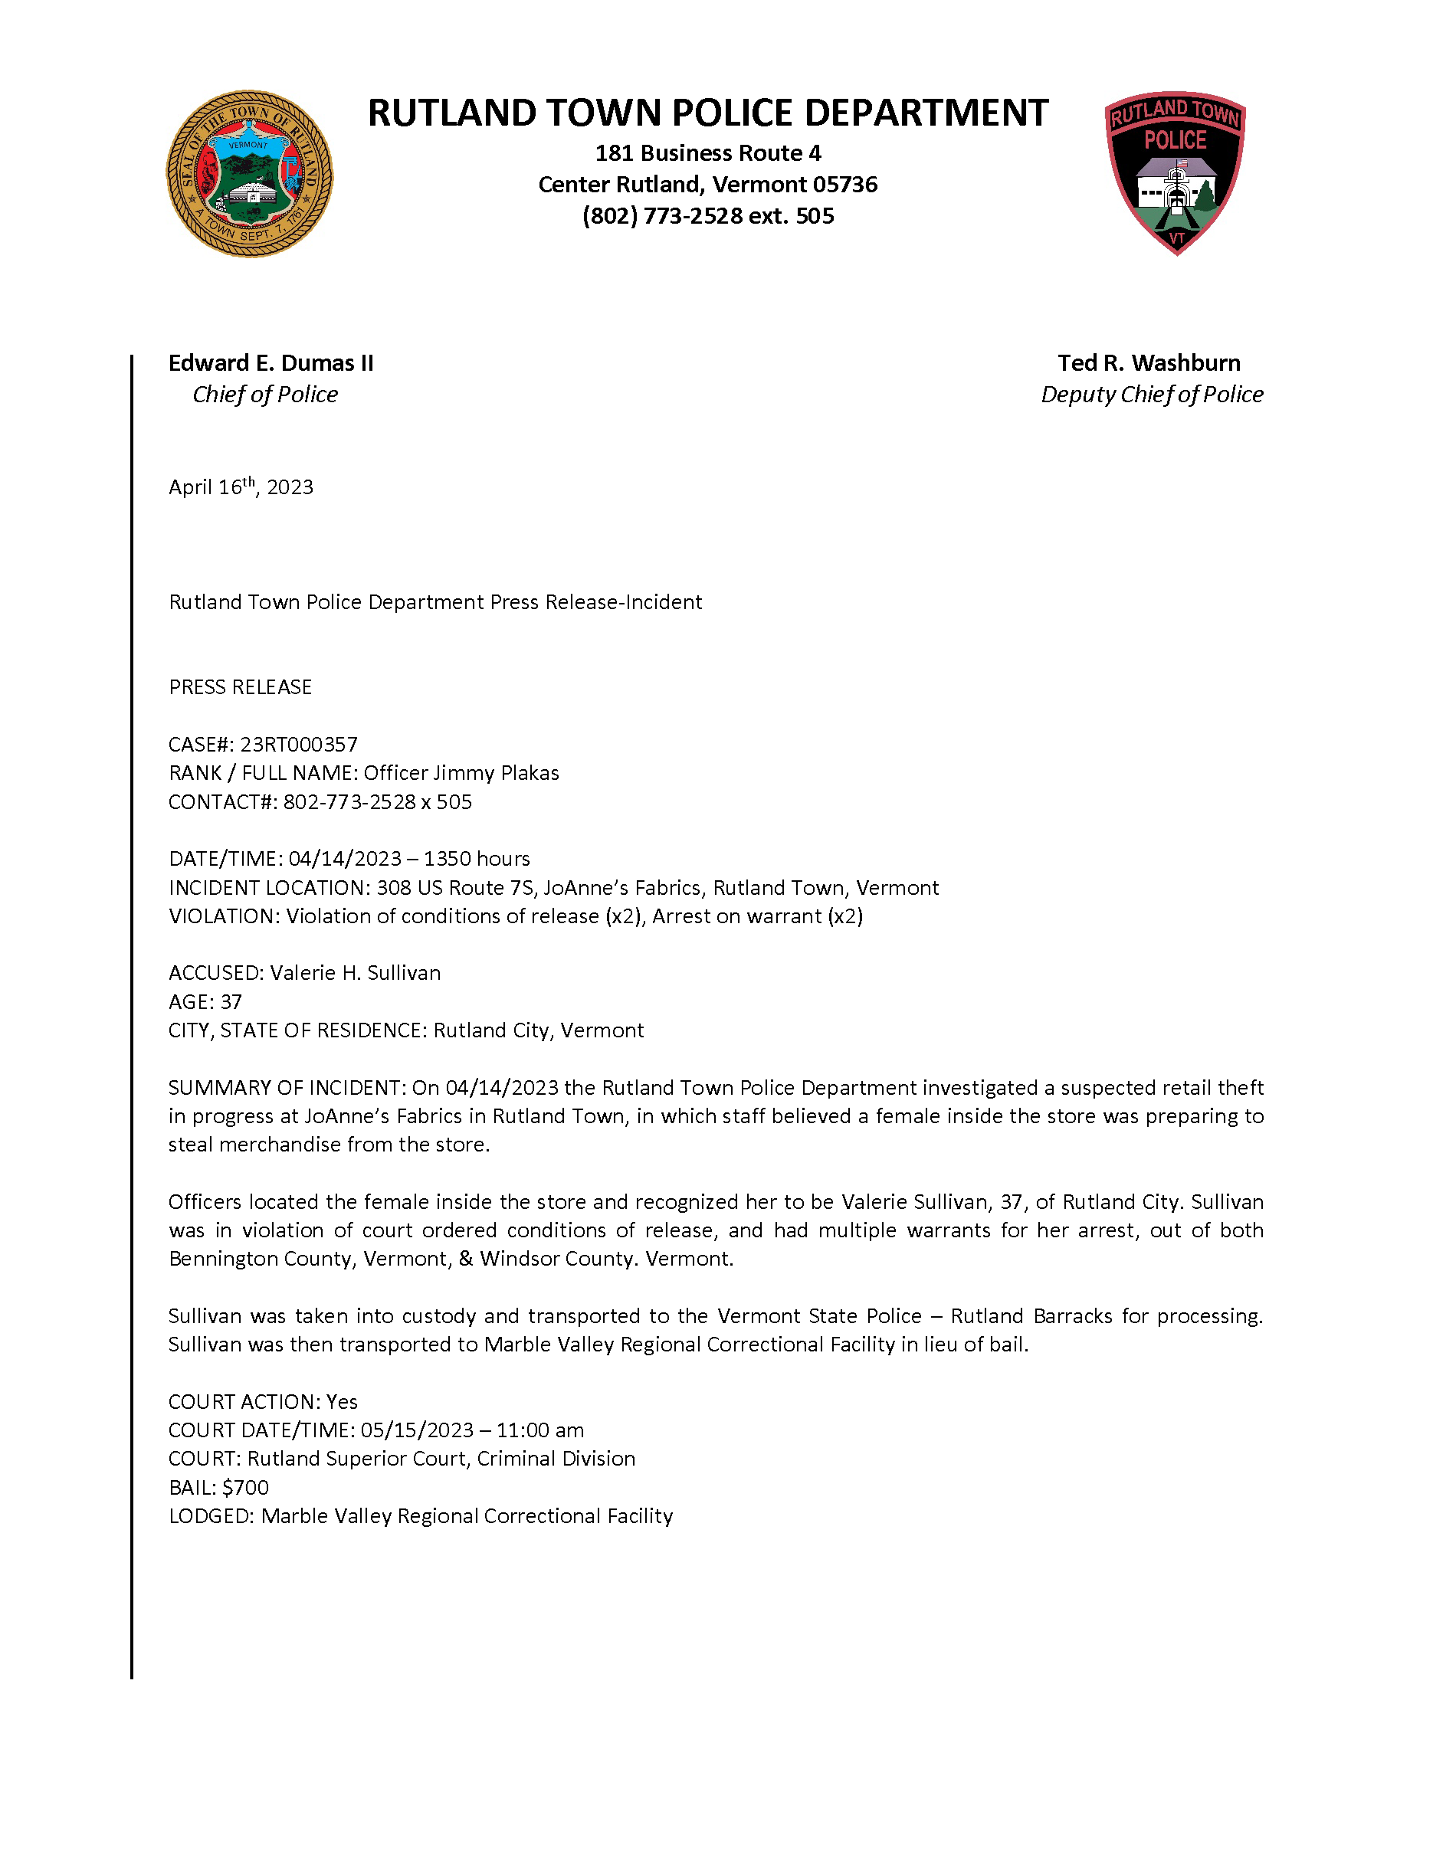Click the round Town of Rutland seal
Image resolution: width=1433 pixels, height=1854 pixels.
(x=250, y=174)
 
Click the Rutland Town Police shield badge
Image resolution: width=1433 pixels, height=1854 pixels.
(x=1176, y=172)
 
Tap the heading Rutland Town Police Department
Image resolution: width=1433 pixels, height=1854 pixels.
(x=708, y=113)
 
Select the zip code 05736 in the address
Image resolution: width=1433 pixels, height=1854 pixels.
(x=844, y=185)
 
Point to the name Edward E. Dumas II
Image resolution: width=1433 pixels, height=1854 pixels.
(x=271, y=363)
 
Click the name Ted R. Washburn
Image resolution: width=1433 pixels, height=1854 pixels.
(x=1149, y=363)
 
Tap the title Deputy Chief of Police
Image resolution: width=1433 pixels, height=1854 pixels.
(x=1152, y=395)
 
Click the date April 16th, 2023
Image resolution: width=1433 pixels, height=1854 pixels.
(x=241, y=487)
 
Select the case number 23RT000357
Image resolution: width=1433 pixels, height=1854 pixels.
(x=299, y=745)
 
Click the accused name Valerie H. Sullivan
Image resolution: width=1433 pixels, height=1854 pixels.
(x=356, y=973)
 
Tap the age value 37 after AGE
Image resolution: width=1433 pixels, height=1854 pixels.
(x=231, y=1002)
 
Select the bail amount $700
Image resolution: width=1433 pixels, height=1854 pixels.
(x=245, y=1487)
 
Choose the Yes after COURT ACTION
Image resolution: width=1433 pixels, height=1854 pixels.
(x=342, y=1401)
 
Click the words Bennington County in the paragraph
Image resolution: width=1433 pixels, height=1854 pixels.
(x=259, y=1259)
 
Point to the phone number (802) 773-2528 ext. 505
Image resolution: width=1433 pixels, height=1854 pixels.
(x=708, y=217)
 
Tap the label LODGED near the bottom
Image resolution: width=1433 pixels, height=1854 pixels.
(x=209, y=1516)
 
